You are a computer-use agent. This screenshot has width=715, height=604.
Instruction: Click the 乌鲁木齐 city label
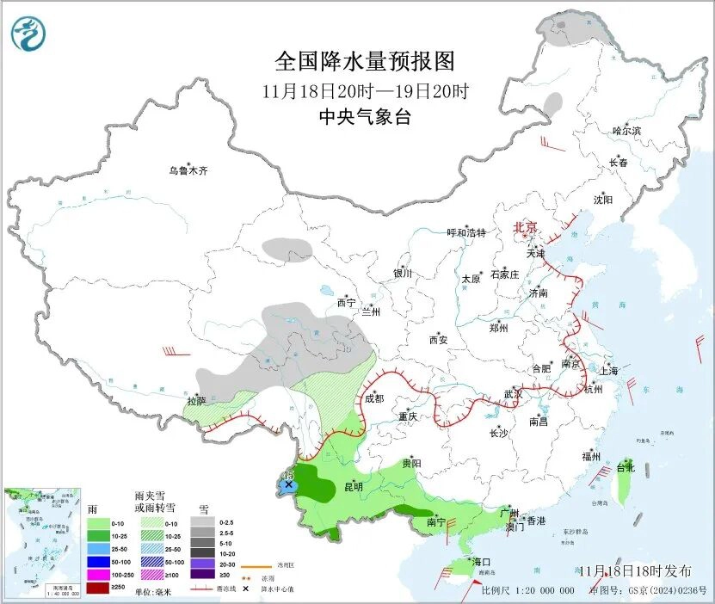tap(188, 171)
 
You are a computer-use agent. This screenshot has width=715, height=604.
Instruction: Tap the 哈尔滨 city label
tap(626, 131)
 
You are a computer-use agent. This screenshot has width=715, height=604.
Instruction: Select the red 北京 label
tap(525, 228)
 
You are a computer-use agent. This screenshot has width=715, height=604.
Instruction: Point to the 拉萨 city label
tap(196, 400)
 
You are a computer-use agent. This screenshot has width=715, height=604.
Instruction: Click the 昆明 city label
tap(353, 487)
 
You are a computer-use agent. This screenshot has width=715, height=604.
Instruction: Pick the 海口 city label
tap(481, 562)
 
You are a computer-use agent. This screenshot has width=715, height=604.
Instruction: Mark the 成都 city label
tap(373, 398)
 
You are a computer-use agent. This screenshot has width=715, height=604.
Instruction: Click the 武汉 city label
tap(513, 393)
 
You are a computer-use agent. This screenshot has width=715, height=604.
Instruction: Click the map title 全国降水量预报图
tap(364, 62)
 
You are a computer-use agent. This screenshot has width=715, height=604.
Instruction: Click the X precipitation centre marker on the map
tap(288, 486)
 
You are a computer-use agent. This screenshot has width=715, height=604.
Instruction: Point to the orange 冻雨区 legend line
tap(251, 567)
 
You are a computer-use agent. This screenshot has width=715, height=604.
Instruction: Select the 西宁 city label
tap(346, 303)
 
